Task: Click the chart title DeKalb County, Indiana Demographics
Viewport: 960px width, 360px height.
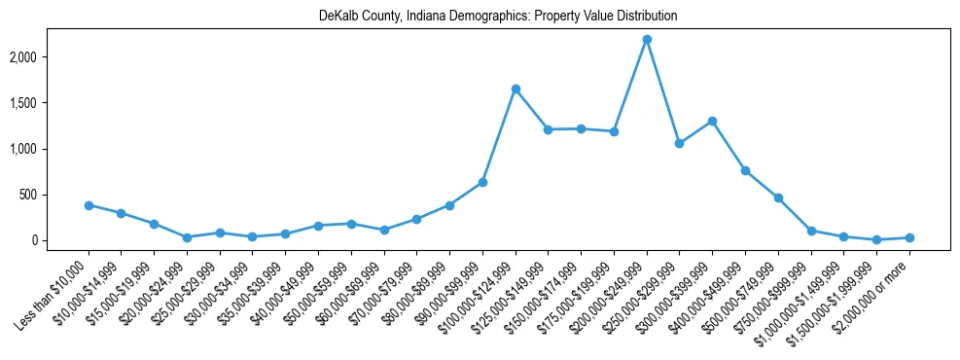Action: point(497,16)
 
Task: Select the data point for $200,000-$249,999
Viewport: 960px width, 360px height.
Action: point(647,39)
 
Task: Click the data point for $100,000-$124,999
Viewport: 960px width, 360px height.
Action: point(516,89)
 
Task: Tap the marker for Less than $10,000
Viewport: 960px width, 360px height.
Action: point(89,205)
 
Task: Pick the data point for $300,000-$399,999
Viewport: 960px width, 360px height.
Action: point(712,121)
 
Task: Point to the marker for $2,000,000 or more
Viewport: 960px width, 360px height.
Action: point(909,237)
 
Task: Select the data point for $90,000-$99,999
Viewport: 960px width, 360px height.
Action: point(482,182)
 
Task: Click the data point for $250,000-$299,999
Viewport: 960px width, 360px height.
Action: point(680,143)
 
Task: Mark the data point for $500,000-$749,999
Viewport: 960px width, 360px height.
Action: point(778,198)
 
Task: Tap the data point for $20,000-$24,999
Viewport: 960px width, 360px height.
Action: point(187,237)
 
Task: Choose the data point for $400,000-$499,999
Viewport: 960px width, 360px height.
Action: point(745,170)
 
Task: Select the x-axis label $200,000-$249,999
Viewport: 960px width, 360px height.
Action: point(615,288)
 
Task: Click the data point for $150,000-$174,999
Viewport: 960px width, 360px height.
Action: point(581,128)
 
